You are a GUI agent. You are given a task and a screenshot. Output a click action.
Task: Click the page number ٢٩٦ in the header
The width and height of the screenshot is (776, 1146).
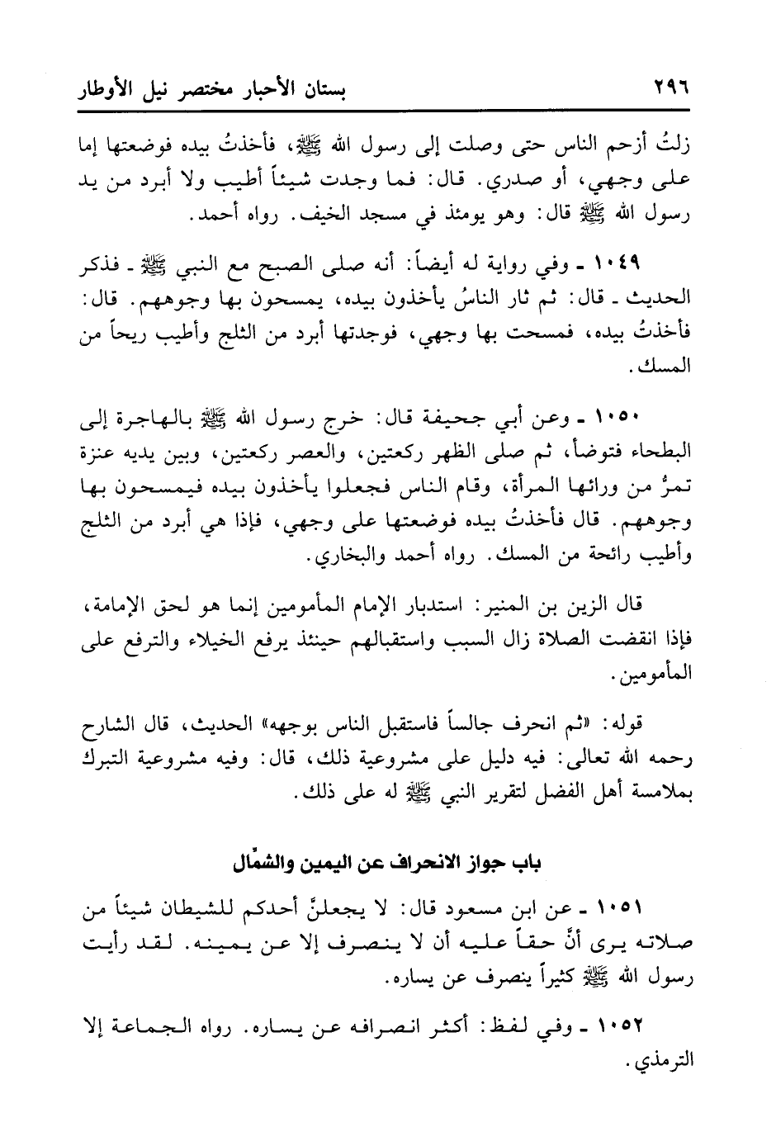tap(670, 88)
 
